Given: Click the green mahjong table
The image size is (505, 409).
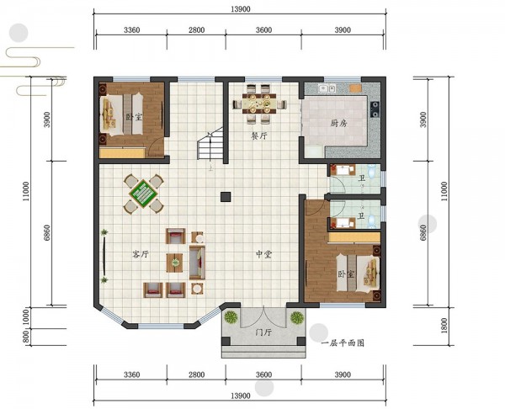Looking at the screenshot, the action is coord(143,194).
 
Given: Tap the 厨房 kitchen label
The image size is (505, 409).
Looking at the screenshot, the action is coord(338,123).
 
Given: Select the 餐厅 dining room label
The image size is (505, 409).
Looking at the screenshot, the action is coord(259,135).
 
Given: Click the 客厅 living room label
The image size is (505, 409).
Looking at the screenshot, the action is coord(141,254).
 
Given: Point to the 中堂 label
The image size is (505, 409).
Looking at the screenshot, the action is coord(263,254).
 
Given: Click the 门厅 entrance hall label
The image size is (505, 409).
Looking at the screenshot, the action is coord(263,332).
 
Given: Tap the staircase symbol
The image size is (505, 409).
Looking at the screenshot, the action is coord(210,143).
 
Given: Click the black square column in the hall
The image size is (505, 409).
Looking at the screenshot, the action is coord(226,197).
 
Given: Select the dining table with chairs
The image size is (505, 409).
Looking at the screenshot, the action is coord(259,104).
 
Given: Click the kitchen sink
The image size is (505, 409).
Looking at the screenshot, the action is coord(327,88).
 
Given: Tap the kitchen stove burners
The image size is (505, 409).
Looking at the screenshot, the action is coord(375,109).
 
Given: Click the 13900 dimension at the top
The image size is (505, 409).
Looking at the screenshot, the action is coord(240,9).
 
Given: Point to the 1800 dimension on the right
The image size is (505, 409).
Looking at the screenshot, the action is coord(444,326).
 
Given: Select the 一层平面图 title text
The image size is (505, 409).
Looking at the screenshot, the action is coord(343,343).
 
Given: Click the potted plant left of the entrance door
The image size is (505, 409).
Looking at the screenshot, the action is coord(231,317).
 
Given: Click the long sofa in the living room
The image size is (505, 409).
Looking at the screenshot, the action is coord(197,262).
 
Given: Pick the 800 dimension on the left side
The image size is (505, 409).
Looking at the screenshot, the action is coord(26,337).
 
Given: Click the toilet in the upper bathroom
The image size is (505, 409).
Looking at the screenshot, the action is coord(372,171).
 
